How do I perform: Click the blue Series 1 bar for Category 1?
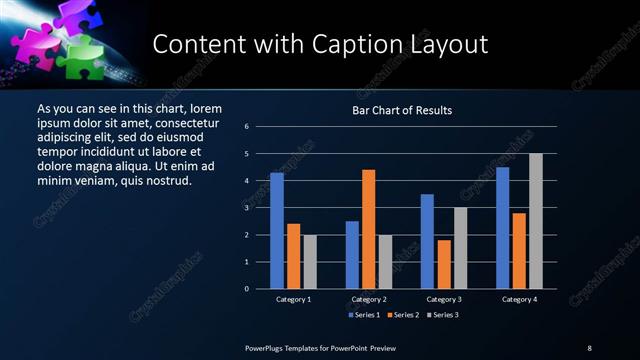click(277, 231)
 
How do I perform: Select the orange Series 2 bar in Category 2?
click(369, 229)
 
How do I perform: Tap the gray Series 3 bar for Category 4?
click(536, 221)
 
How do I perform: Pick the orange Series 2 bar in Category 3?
click(444, 264)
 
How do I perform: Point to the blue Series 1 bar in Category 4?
click(503, 228)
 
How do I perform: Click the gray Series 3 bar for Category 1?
click(310, 262)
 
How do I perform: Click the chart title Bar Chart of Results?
click(403, 110)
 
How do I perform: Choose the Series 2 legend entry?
click(401, 315)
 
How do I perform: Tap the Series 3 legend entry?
click(444, 315)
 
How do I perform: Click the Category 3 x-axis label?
click(444, 299)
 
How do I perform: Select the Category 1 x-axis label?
click(293, 299)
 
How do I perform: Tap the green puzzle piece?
click(84, 57)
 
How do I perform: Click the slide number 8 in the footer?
click(589, 347)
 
